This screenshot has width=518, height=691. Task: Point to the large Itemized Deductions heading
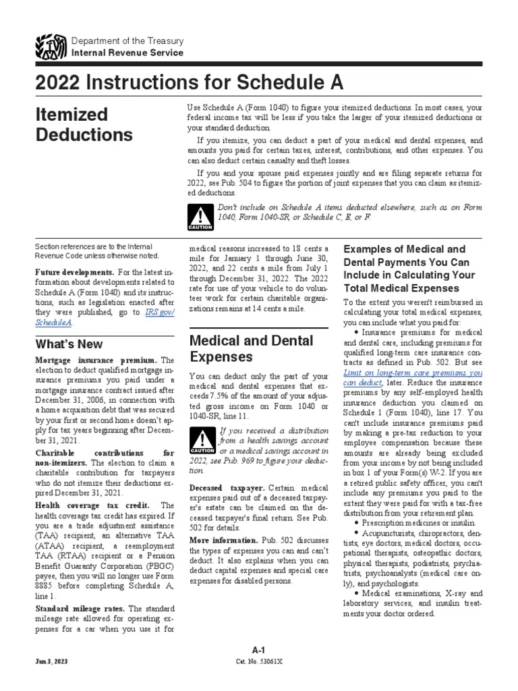84,124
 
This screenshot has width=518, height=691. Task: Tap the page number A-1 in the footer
258,650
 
